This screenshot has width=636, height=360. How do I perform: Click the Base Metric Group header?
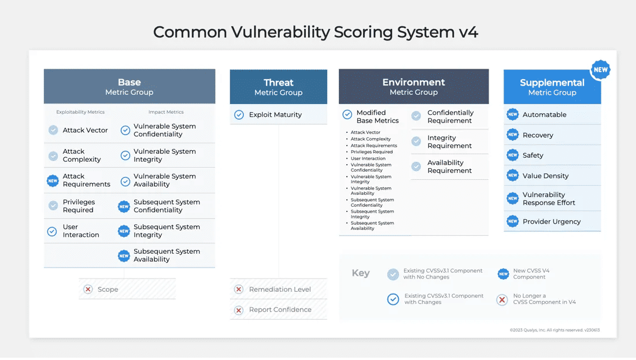129,87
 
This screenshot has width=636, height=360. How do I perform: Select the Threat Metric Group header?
278,87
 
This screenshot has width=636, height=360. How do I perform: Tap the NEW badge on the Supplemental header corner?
600,70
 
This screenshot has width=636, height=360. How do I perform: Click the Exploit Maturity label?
275,115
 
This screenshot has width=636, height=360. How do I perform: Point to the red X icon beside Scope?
88,290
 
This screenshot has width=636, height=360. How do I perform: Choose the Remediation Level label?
280,290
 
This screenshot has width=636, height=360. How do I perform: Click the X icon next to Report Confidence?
238,310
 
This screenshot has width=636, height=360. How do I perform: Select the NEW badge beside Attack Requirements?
53,181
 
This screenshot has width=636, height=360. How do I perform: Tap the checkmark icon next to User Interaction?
53,231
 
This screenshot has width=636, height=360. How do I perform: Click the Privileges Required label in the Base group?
79,206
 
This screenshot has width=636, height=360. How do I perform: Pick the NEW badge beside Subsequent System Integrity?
124,231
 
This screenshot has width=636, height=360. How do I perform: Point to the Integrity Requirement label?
449,142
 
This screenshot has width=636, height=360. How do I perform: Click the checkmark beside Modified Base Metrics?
347,114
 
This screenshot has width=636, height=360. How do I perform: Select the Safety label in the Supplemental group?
533,155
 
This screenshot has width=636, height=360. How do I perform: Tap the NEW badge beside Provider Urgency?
512,221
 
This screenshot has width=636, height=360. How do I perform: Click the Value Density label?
545,176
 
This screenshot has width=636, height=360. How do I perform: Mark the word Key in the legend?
360,273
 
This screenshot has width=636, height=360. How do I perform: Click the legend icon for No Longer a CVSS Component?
502,299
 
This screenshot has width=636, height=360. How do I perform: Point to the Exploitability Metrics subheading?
80,112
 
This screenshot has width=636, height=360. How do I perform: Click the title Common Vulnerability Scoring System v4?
316,32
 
